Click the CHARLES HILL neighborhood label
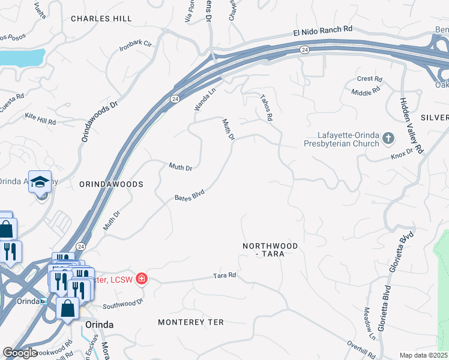click(x=101, y=19)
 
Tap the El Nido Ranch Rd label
click(x=322, y=29)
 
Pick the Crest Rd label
click(x=369, y=79)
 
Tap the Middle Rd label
click(x=366, y=91)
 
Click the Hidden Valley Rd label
click(x=411, y=124)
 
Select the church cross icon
click(x=388, y=139)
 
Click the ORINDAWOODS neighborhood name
click(x=111, y=184)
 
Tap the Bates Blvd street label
click(x=190, y=196)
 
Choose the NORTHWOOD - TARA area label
click(x=270, y=250)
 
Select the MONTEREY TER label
click(x=190, y=322)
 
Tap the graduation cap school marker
click(x=40, y=182)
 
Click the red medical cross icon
click(x=141, y=278)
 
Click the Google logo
click(x=20, y=353)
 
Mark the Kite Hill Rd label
click(x=40, y=118)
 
